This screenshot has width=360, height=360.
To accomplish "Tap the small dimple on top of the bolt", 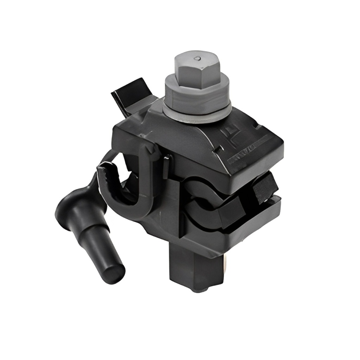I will (198, 58).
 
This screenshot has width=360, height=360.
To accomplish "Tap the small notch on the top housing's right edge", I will (258, 125).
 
